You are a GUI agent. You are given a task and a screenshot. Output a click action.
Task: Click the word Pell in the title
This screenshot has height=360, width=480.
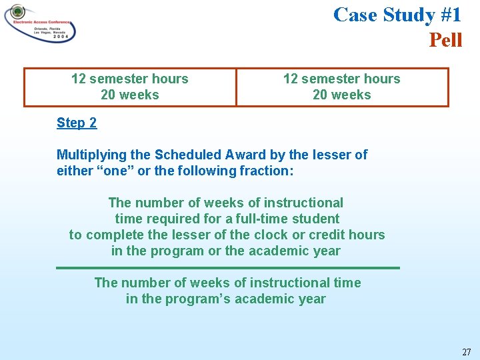coord(445,40)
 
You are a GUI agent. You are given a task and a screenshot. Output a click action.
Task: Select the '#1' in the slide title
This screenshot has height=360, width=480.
coord(445,14)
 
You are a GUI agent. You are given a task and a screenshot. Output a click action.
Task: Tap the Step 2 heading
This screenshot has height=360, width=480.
coord(77,122)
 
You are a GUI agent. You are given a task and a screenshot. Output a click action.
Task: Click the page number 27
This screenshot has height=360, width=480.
coord(465,351)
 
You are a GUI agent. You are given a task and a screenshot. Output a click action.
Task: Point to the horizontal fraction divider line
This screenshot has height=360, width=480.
coord(227,267)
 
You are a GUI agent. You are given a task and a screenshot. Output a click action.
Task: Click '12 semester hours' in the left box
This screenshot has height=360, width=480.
coord(129,79)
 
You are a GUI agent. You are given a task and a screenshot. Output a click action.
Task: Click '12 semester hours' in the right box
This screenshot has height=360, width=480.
coord(341,79)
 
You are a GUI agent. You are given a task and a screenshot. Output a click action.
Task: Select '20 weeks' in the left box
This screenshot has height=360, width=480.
coord(129,95)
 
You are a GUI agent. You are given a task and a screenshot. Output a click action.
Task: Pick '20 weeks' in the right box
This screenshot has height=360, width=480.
coord(341,95)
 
